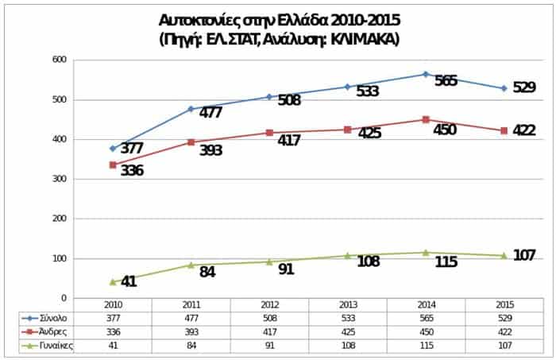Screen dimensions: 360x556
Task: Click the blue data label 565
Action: (x=446, y=81)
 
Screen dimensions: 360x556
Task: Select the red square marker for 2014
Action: (x=426, y=119)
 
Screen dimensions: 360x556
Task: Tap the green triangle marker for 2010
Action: (x=113, y=281)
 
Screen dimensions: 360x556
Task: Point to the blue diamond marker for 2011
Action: (x=191, y=109)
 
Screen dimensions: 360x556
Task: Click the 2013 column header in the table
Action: (x=347, y=304)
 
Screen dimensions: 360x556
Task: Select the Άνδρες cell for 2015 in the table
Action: (x=504, y=331)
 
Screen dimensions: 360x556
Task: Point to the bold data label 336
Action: (x=132, y=170)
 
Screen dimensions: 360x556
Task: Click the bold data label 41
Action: (x=129, y=281)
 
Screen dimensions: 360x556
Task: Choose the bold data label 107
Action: (x=523, y=254)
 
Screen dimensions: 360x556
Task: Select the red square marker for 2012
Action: (x=269, y=133)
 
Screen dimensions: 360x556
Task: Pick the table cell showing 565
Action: (x=425, y=318)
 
